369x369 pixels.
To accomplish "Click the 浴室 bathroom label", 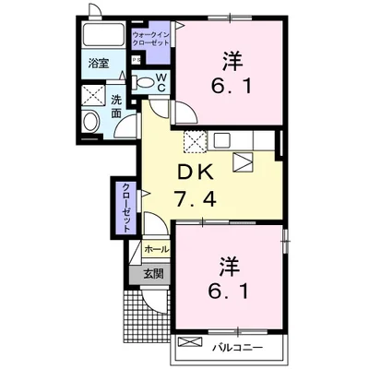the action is coord(99,64).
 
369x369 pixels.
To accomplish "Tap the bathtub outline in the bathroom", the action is coord(103,34).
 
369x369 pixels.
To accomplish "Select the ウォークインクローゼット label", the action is coord(150,39).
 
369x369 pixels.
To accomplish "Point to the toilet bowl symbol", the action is coord(143,82).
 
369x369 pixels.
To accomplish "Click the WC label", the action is coord(161,82).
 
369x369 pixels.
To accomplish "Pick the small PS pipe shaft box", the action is coord(136,60).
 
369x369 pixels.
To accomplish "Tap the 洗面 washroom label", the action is coord(116,107).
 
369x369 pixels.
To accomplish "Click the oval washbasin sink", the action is coord(91,121).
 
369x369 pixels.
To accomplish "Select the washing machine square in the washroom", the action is coord(94,95).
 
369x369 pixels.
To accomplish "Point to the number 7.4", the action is coord(196,198).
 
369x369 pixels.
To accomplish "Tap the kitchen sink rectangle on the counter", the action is coord(220,140).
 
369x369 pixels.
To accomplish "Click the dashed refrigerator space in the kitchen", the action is coord(195,141).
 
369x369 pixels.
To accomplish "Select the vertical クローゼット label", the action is coord(126,208).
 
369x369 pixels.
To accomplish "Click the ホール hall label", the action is coord(156,249).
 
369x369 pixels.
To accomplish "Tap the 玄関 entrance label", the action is coord(153,273).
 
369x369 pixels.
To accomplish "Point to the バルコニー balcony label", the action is coord(238,348).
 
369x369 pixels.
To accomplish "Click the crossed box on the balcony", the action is coord(191,342).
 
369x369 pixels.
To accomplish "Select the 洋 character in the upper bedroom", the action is coord(232,61).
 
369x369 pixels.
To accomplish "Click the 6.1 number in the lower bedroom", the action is coord(228,292).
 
